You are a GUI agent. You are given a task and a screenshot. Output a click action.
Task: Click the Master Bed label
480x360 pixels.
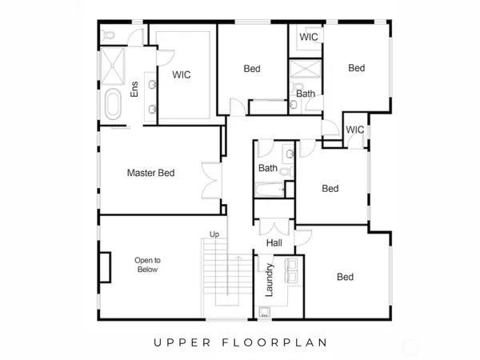pyautogui.click(x=150, y=173)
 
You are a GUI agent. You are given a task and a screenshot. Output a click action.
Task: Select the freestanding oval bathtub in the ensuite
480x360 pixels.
pyautogui.click(x=114, y=105)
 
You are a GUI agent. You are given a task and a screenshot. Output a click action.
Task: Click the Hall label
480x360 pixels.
pyautogui.click(x=272, y=243)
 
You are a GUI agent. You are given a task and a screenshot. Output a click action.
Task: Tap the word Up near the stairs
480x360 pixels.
pyautogui.click(x=214, y=234)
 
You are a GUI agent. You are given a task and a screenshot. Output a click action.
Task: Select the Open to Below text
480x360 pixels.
pyautogui.click(x=148, y=265)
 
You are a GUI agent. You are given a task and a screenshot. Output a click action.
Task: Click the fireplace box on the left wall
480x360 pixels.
pyautogui.click(x=104, y=265)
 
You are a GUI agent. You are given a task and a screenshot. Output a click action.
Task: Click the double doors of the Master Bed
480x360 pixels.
pyautogui.click(x=211, y=180)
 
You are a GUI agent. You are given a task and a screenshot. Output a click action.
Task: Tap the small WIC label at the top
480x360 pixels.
pyautogui.click(x=310, y=38)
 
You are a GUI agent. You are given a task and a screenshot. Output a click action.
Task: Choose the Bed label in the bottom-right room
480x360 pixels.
pyautogui.click(x=345, y=278)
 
